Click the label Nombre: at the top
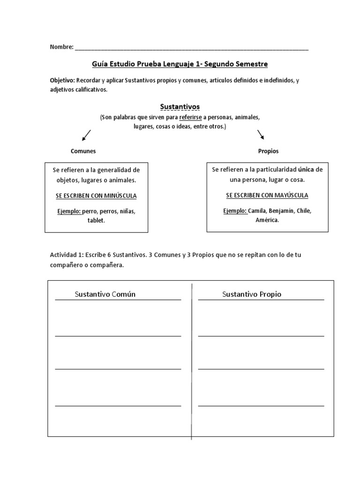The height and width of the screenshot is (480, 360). (61, 47)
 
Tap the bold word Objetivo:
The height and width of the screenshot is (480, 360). (62, 81)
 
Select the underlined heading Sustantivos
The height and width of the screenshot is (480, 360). (180, 107)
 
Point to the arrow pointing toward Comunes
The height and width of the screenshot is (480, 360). (86, 135)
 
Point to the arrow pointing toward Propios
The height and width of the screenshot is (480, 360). (261, 135)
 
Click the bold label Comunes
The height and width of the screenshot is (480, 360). (83, 151)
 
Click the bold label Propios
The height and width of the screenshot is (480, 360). (268, 151)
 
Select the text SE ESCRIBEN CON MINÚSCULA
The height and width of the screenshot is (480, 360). (96, 195)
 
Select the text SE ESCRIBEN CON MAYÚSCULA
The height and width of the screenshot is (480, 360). (267, 195)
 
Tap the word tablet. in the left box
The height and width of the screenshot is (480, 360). (96, 220)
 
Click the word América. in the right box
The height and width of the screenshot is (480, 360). (267, 220)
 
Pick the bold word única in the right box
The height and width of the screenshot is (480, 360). (306, 169)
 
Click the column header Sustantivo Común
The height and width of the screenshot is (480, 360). (105, 294)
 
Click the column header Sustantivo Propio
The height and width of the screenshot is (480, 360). (251, 294)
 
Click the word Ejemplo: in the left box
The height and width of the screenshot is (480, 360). (70, 211)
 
